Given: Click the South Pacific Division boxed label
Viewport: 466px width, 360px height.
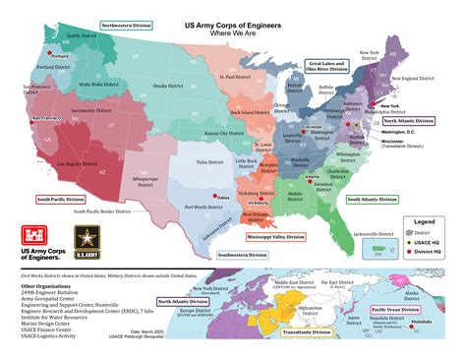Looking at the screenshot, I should (x=58, y=199).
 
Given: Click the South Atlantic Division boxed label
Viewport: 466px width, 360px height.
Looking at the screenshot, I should (x=375, y=199).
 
